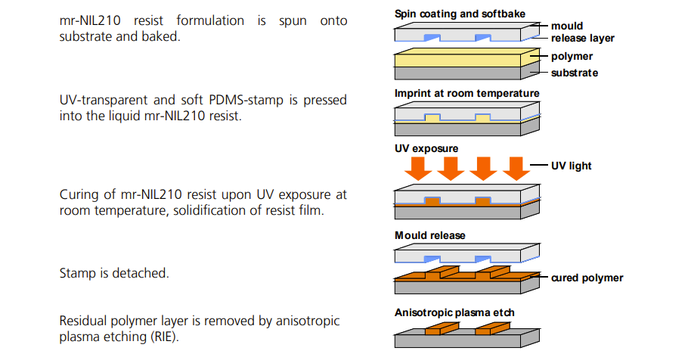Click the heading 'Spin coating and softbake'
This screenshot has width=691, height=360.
[460, 14]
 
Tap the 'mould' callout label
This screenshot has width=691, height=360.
[567, 26]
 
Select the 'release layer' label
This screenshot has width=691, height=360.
[583, 39]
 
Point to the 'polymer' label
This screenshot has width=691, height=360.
[572, 57]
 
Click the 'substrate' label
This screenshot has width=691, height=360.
[575, 73]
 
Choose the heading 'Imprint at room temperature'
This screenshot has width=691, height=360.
[466, 94]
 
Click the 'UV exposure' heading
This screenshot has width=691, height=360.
[426, 148]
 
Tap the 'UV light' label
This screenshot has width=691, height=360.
[571, 166]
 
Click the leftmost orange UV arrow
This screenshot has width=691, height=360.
[418, 169]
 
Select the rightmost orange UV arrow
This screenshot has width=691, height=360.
[516, 169]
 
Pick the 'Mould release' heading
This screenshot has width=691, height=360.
[429, 235]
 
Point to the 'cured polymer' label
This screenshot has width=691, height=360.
[587, 278]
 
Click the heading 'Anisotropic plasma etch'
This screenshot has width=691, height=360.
[454, 313]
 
